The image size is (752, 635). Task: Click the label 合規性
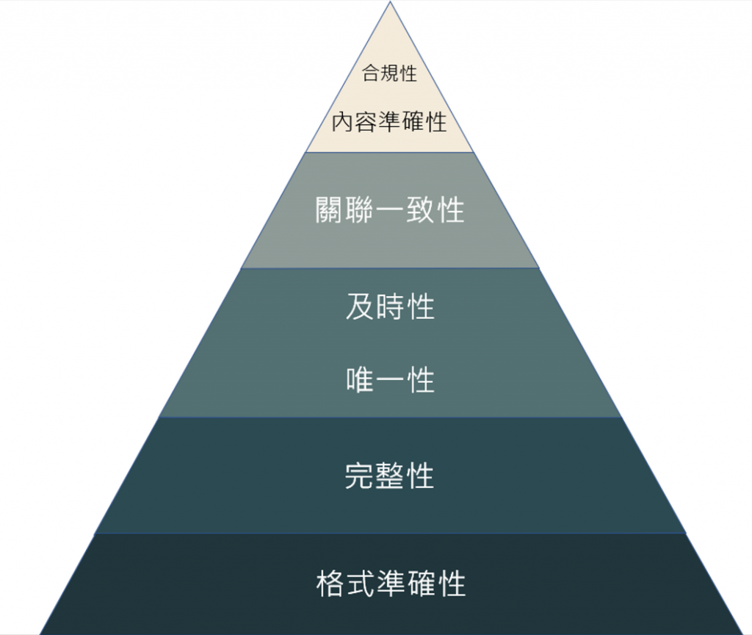tap(389, 73)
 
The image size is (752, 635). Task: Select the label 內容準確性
tap(389, 121)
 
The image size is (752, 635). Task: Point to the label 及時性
tap(390, 307)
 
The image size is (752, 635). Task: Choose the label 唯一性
tap(390, 381)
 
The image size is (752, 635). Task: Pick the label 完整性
tap(390, 476)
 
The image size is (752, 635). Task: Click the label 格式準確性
tap(391, 584)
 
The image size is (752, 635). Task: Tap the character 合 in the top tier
tap(371, 73)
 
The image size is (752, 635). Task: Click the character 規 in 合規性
tap(389, 73)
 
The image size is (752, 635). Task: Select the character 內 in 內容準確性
tap(343, 121)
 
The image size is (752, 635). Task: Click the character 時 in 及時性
tap(390, 307)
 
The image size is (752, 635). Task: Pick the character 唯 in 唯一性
tap(360, 381)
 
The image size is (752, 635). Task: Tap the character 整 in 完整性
tap(390, 476)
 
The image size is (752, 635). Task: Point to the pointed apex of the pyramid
tap(390, 4)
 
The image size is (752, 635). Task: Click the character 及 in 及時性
tap(360, 307)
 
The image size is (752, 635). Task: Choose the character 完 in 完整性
tap(360, 476)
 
